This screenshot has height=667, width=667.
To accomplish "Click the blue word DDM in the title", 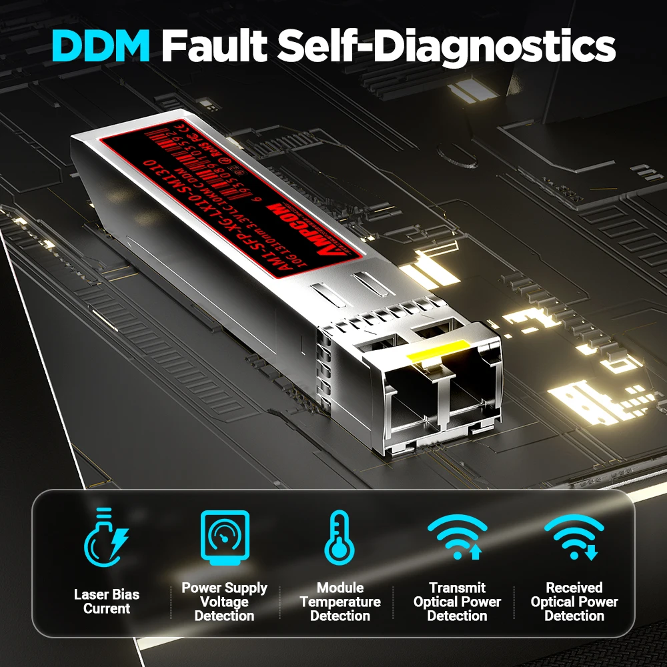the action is pyautogui.click(x=102, y=45).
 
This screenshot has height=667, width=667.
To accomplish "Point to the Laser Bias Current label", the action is pyautogui.click(x=107, y=601).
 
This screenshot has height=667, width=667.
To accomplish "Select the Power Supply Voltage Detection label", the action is pyautogui.click(x=224, y=601).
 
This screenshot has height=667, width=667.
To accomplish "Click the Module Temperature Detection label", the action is pyautogui.click(x=340, y=601).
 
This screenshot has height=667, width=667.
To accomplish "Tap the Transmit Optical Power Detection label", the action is pyautogui.click(x=457, y=601).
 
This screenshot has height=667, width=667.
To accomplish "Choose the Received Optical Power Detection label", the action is pyautogui.click(x=574, y=601).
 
